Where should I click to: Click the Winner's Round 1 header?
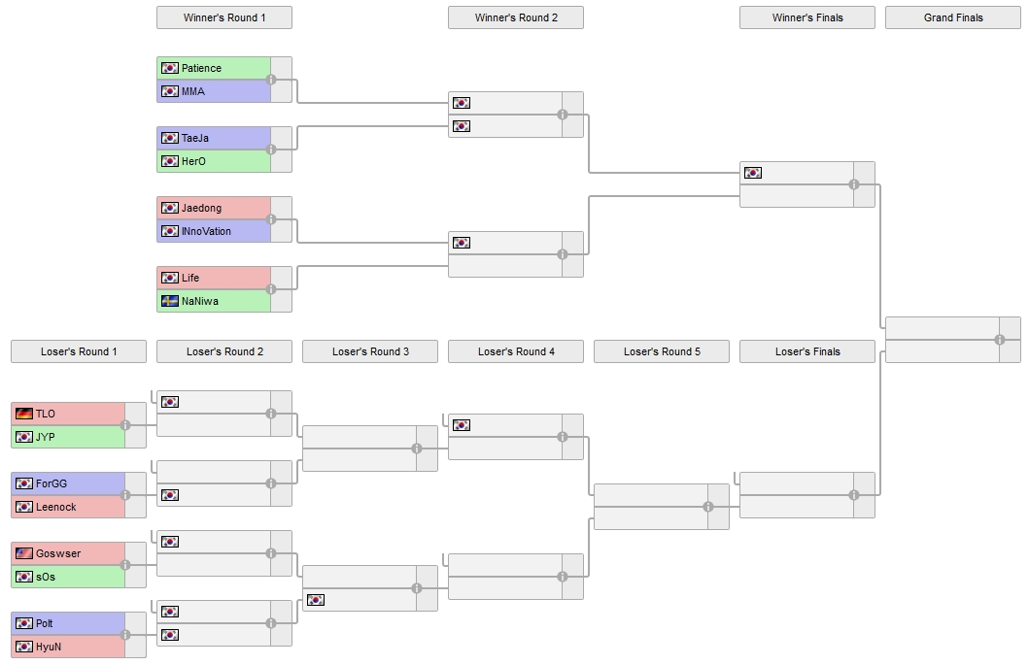coord(223,17)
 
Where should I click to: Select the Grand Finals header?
coord(952,17)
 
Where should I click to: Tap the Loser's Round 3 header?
coord(369,351)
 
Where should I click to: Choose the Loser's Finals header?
coord(806,351)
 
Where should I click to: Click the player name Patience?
coord(201,68)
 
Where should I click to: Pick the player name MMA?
coord(193,91)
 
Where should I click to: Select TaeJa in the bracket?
coord(195,138)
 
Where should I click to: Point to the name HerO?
coord(194,161)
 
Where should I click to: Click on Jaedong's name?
coord(201,208)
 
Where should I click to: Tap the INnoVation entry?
coord(206,231)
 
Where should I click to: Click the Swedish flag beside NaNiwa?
coord(170,301)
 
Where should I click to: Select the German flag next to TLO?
coord(24,414)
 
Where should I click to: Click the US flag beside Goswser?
coord(24,553)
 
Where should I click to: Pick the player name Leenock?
coord(55,507)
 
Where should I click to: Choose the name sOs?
coord(46,577)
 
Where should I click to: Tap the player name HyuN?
coord(49,647)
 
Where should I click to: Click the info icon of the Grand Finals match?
coord(999,340)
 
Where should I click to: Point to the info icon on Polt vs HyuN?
coord(125,635)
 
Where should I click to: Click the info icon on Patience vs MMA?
coord(271,80)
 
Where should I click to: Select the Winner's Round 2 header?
coord(515,17)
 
